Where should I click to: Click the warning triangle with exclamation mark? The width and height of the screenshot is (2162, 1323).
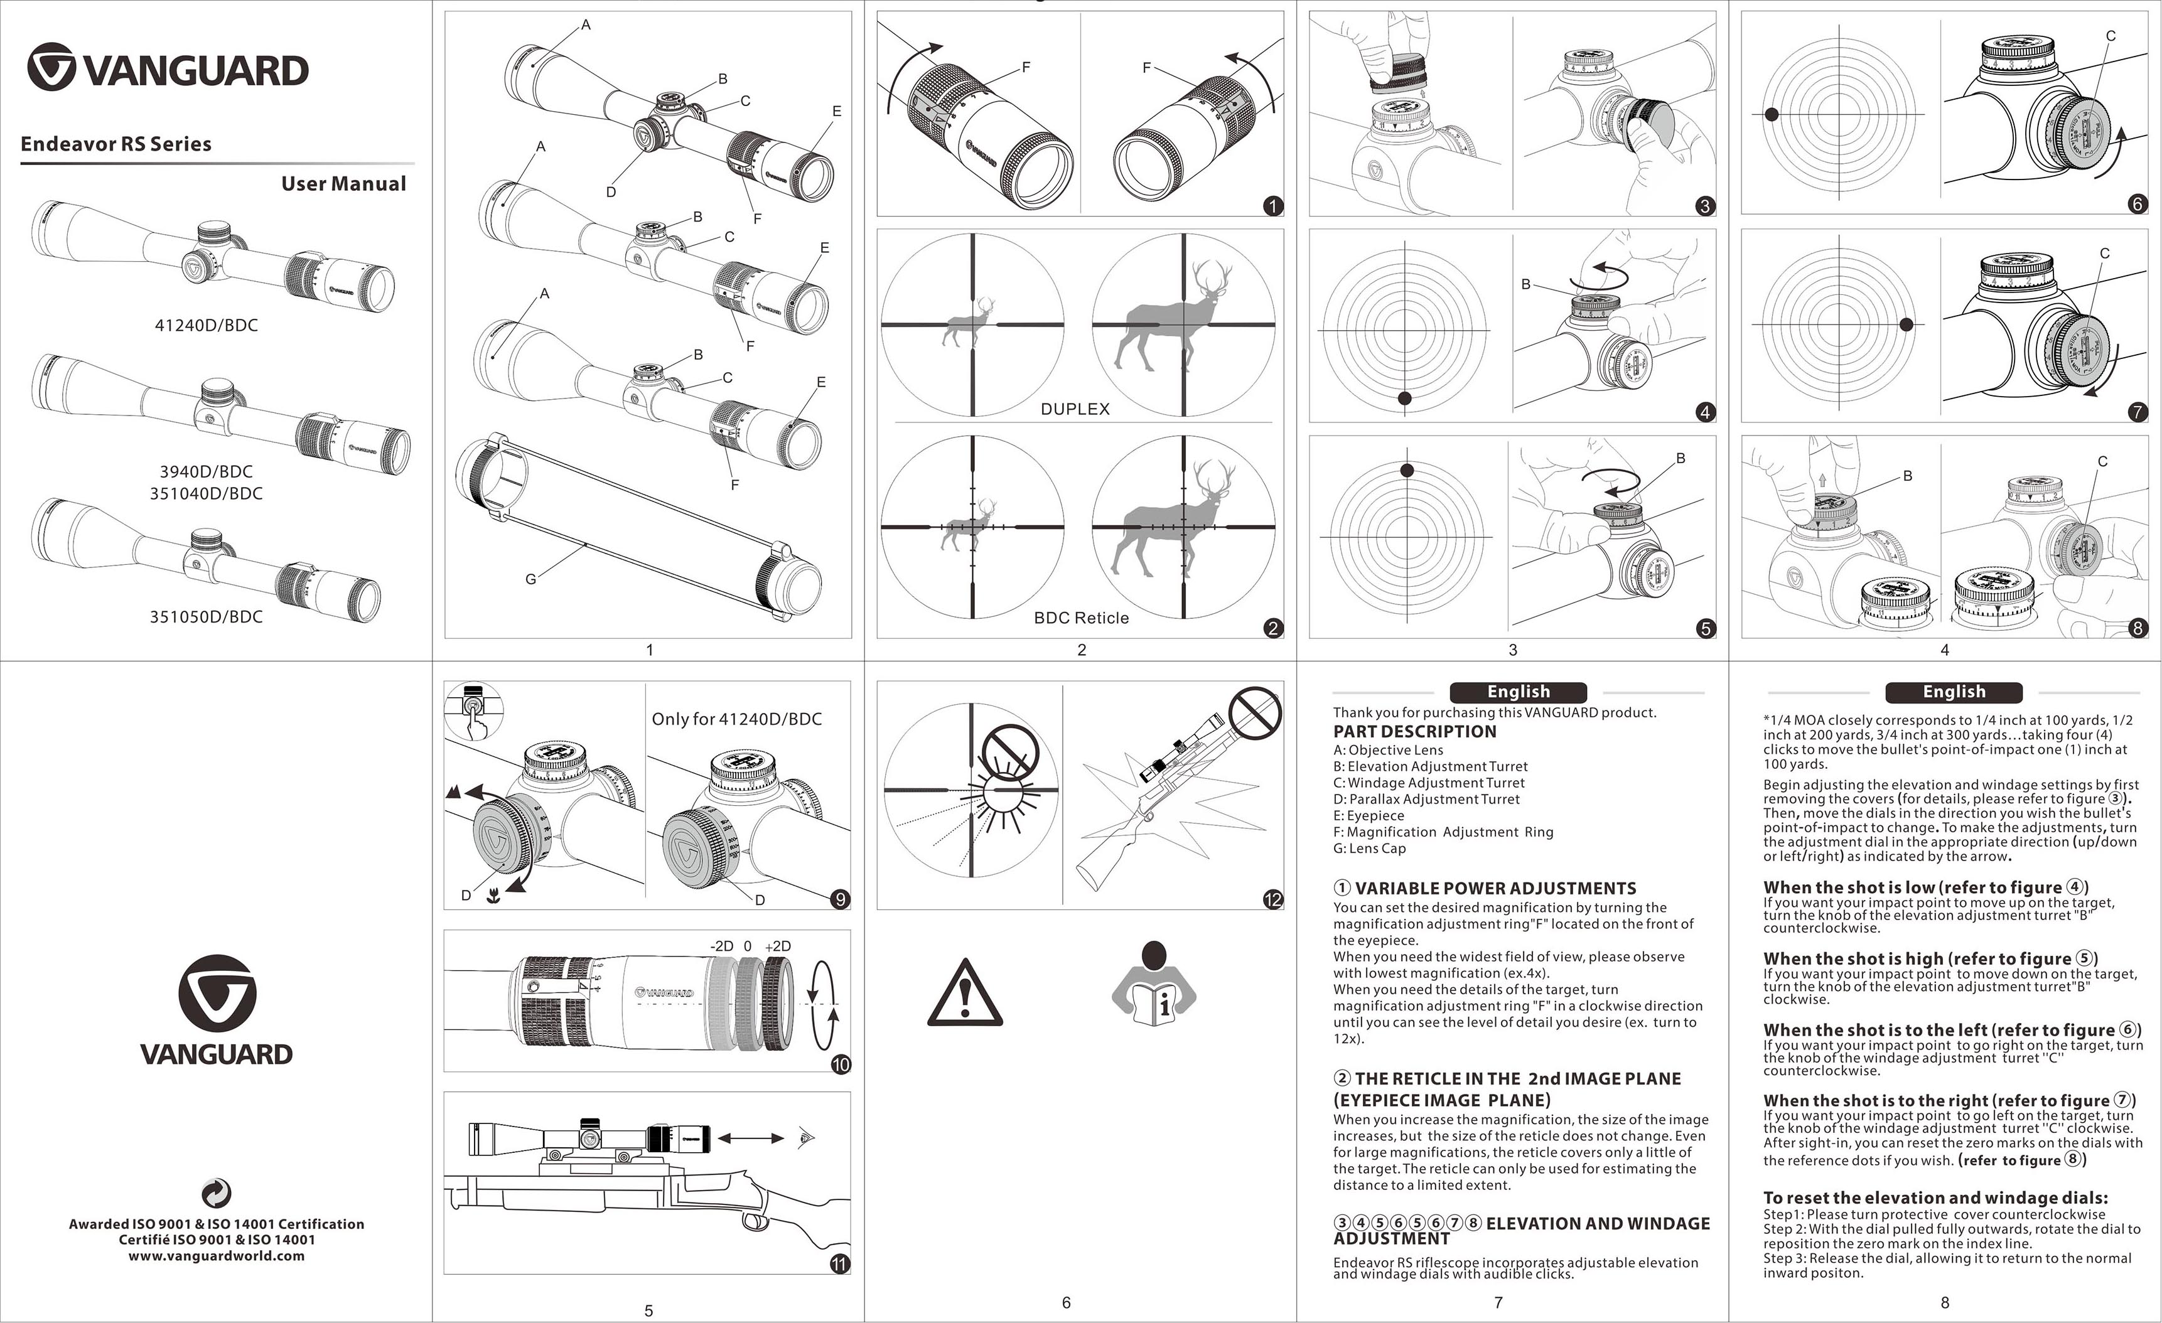click(964, 994)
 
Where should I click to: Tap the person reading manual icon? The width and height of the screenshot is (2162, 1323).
click(1153, 984)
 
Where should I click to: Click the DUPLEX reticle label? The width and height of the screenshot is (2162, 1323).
click(1075, 409)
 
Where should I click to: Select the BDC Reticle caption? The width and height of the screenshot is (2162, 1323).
click(1081, 618)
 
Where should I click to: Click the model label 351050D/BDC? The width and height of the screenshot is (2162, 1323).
click(206, 617)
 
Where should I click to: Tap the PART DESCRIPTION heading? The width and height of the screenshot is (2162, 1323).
click(1414, 732)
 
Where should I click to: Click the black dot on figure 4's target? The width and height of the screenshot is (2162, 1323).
click(1404, 399)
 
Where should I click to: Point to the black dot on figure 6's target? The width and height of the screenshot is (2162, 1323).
click(1772, 114)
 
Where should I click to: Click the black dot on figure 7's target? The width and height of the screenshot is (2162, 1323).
click(1906, 324)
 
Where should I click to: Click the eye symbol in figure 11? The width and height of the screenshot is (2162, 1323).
click(807, 1138)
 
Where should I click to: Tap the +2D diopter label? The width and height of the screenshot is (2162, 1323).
click(777, 946)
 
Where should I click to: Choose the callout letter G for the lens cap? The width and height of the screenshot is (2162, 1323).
click(530, 579)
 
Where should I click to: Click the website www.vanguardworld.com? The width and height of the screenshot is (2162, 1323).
click(217, 1255)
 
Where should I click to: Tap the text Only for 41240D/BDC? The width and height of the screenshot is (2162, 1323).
click(736, 719)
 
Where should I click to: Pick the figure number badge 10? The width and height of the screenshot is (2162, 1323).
click(840, 1064)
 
